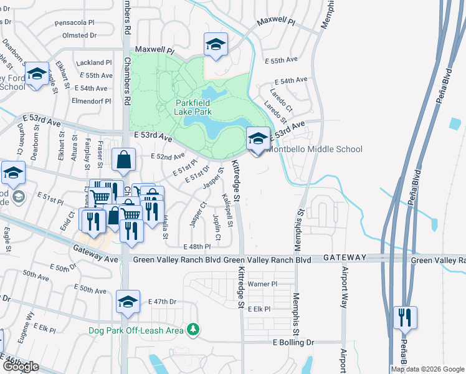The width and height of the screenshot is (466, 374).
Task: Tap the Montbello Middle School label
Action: (x=314, y=150)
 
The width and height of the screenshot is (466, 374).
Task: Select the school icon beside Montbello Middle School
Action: (x=258, y=139)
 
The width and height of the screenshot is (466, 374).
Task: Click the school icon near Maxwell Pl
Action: (x=216, y=44)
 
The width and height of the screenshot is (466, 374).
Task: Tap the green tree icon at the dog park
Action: (x=194, y=328)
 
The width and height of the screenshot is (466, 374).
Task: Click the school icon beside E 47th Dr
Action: (x=128, y=303)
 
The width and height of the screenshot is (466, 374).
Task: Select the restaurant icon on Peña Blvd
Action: (x=405, y=318)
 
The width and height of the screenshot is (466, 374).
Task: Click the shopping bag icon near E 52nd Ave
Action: (x=124, y=160)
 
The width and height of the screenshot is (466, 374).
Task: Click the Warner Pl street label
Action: (x=262, y=284)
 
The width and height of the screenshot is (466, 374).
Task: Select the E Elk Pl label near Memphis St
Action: (x=259, y=309)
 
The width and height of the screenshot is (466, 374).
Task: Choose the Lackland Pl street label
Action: (x=93, y=63)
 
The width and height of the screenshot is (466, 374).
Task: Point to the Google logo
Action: (x=21, y=367)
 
